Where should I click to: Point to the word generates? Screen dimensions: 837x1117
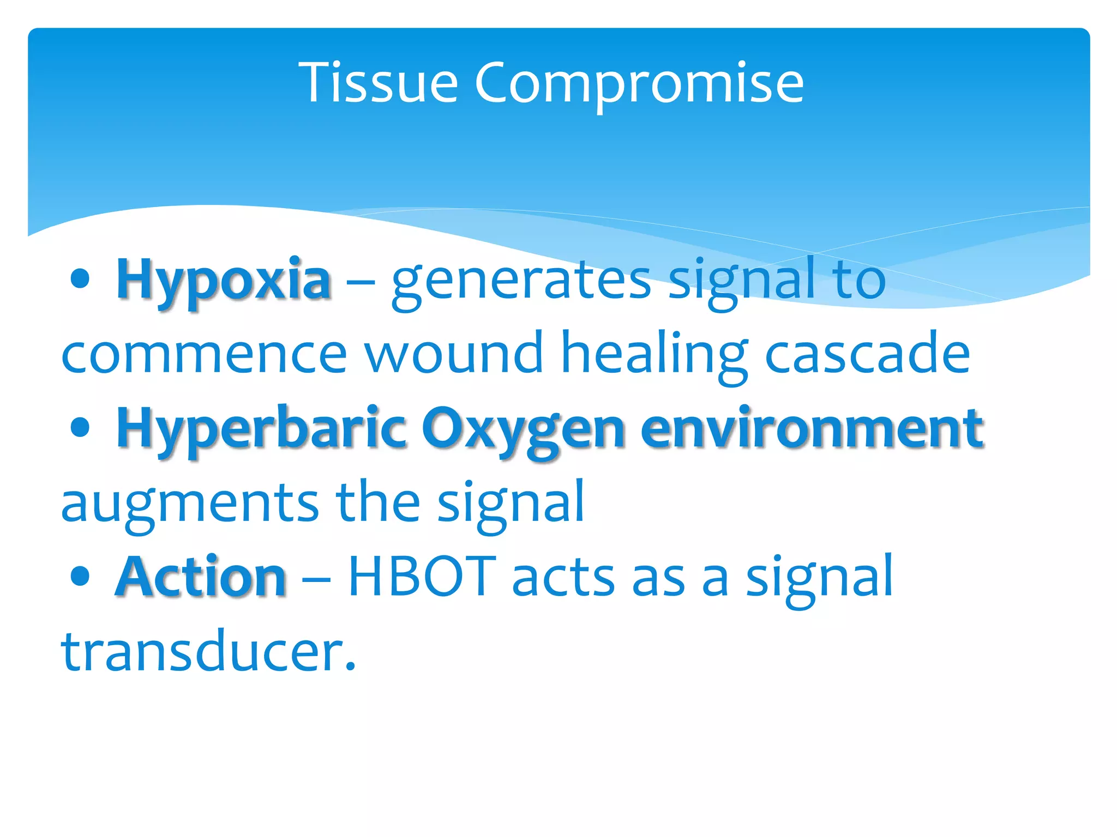click(x=521, y=281)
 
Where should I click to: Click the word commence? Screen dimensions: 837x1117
click(x=204, y=354)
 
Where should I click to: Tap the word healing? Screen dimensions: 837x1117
click(x=654, y=354)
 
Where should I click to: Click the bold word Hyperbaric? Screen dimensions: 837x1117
click(x=261, y=429)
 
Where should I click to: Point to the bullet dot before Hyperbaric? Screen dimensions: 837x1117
click(x=80, y=427)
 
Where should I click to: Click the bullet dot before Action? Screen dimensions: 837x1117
click(x=80, y=576)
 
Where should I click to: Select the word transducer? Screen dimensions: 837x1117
click(x=208, y=651)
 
